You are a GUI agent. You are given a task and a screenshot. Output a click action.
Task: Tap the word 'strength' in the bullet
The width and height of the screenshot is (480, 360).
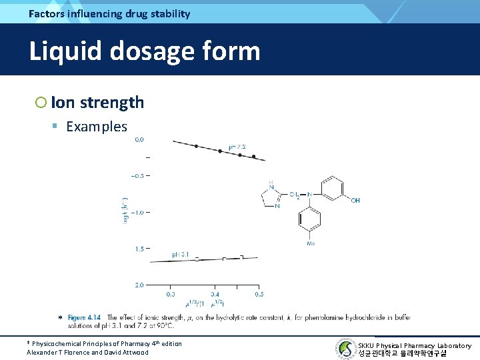[x=111, y=102]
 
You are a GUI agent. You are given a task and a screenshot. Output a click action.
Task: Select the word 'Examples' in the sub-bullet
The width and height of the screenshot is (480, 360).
[x=97, y=127]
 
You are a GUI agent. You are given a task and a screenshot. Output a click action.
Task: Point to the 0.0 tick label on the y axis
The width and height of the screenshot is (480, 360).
[x=141, y=140]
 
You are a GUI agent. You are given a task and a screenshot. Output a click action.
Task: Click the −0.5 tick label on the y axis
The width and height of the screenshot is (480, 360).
[x=138, y=176]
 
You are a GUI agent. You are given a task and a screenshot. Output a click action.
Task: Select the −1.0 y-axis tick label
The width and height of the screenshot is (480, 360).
[x=138, y=212]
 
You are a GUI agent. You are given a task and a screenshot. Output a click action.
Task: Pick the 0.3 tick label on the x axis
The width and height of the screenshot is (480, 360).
[x=171, y=294]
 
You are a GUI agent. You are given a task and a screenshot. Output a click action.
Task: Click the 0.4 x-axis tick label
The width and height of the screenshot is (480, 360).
[x=215, y=294]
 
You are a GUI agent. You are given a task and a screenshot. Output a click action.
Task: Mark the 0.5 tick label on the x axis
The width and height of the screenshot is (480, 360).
[x=259, y=294]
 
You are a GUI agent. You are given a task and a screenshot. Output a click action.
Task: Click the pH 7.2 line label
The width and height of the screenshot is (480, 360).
[x=237, y=147]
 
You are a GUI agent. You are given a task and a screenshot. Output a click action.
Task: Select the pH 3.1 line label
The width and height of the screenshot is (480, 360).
[x=181, y=254]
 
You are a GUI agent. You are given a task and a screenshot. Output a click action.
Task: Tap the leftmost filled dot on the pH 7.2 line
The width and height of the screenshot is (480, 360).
[x=196, y=146]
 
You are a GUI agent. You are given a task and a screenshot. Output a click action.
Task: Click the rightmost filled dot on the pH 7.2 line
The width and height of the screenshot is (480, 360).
[x=253, y=157]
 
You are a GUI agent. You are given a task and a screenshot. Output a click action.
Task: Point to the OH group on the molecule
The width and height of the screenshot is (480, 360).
[x=355, y=200]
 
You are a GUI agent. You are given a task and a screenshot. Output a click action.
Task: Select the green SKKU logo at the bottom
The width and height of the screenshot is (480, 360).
[x=345, y=348]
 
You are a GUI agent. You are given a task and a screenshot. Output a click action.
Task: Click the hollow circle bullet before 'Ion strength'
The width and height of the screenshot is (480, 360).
[x=41, y=102]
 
